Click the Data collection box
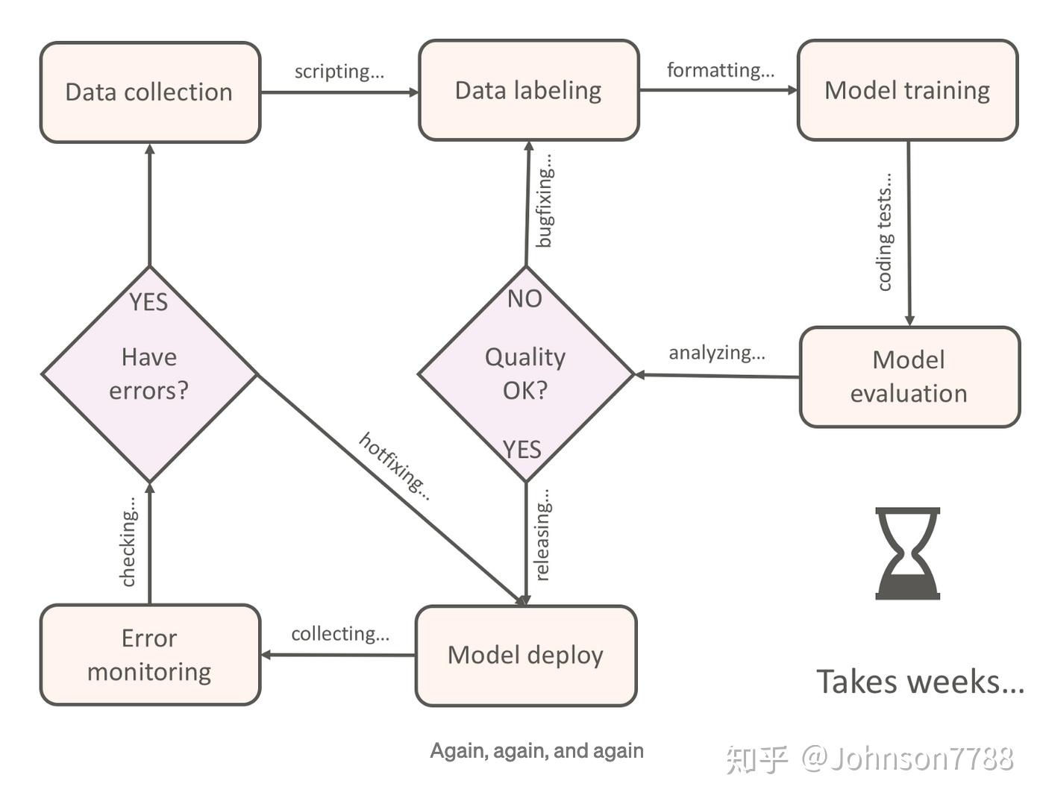click(150, 92)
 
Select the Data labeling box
click(529, 90)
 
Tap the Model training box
click(907, 90)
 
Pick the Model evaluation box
click(910, 377)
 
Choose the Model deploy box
click(526, 656)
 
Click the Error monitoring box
click(150, 655)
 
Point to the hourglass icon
click(907, 553)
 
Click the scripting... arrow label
click(339, 72)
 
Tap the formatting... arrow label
click(721, 70)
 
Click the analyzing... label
click(717, 353)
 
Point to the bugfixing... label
click(544, 201)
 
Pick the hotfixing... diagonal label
click(395, 466)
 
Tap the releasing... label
click(542, 535)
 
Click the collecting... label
click(340, 634)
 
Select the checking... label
click(128, 541)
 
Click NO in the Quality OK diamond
click(524, 299)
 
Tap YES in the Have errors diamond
click(148, 302)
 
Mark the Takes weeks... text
click(920, 682)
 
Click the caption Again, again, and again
click(536, 751)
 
